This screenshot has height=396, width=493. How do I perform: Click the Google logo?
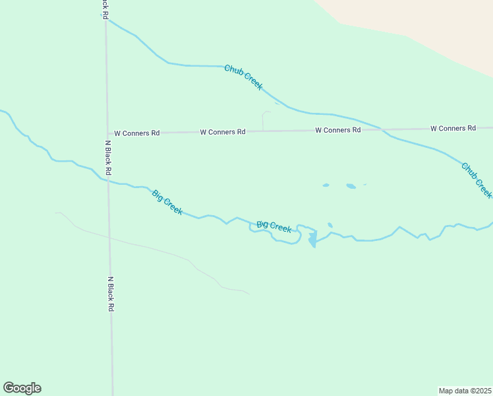tap(22, 388)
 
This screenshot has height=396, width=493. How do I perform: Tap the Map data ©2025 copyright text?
tap(465, 391)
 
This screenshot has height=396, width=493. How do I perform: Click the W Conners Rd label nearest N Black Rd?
tap(137, 133)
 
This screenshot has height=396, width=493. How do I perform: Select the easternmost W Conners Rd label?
tap(453, 128)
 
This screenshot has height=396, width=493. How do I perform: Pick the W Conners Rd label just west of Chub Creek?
tap(337, 130)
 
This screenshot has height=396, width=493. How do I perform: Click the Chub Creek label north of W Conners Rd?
tap(243, 77)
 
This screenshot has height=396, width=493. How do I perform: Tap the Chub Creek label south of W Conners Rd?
tap(477, 180)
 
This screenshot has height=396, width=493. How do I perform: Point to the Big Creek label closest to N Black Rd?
tap(167, 202)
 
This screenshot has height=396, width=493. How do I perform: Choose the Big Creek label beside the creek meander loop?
tap(274, 226)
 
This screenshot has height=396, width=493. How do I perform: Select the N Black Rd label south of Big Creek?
tap(111, 294)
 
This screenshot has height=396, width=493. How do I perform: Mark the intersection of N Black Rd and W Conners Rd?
tap(107, 133)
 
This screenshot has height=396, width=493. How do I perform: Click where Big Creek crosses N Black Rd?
tap(107, 180)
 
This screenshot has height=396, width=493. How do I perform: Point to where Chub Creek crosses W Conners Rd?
tap(382, 129)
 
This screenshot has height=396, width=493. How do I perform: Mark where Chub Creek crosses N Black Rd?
tap(105, 20)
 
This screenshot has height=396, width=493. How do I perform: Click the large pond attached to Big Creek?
tap(312, 237)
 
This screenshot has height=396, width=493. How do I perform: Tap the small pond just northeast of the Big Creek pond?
tap(330, 225)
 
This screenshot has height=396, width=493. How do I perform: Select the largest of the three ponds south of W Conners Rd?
tap(351, 186)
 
